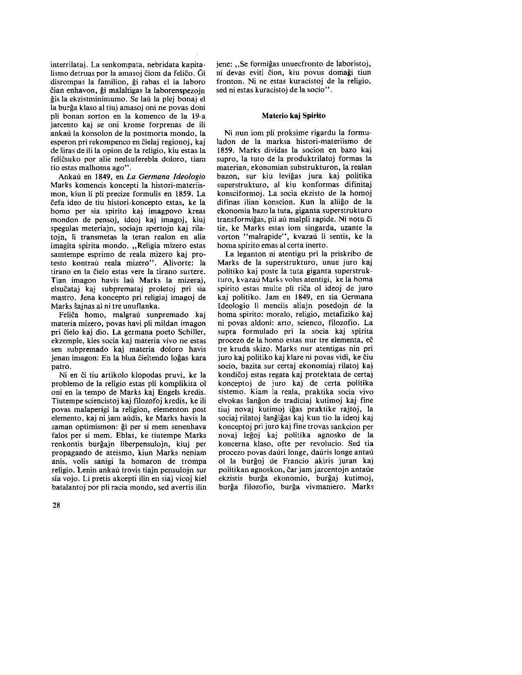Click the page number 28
[56, 505]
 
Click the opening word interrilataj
[68, 64]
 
